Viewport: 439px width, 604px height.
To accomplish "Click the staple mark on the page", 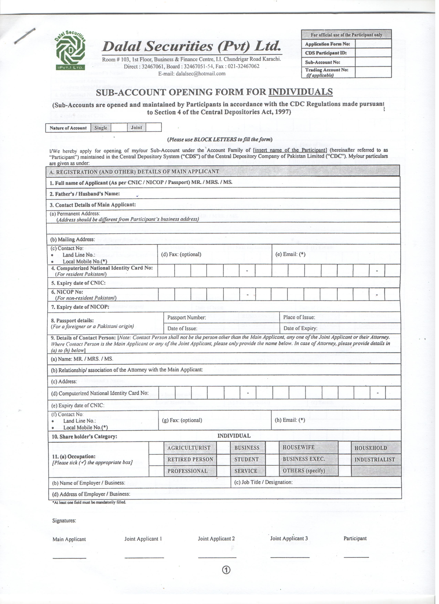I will [25, 36].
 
